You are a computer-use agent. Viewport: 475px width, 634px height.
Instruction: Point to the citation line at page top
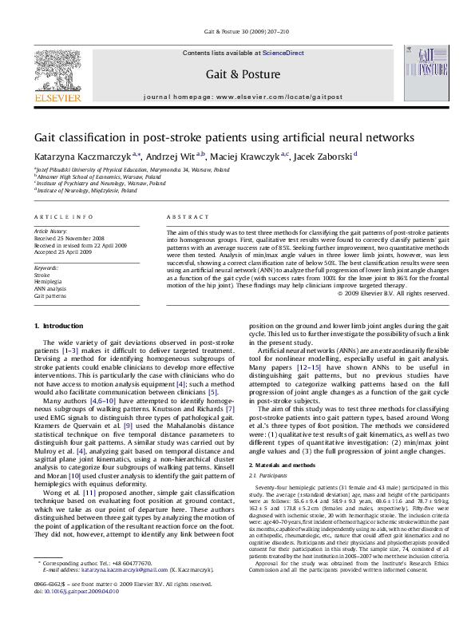238,38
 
